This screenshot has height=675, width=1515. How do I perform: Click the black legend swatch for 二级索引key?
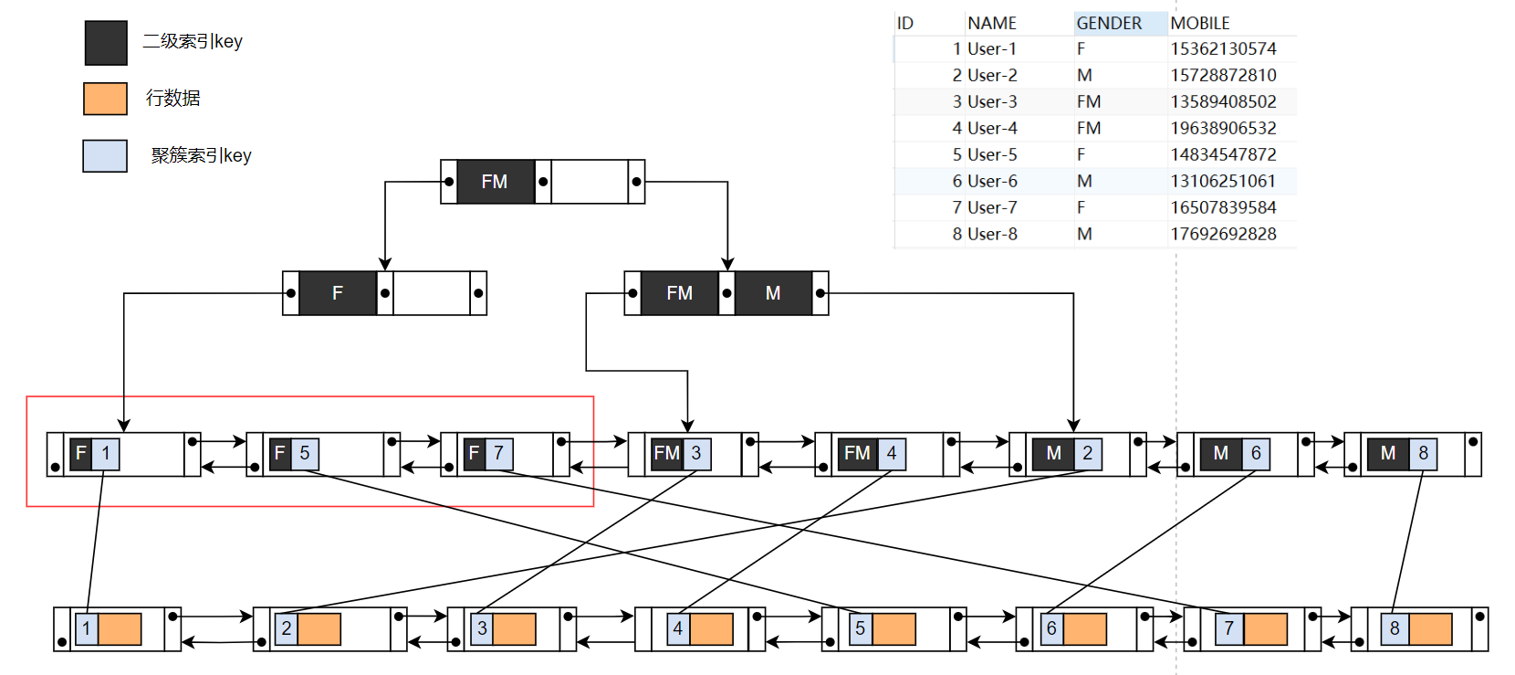pos(106,43)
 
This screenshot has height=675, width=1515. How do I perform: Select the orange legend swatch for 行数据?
pos(105,99)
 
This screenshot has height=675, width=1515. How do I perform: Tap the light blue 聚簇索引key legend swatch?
pos(105,156)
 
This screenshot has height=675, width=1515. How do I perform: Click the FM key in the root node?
pos(495,182)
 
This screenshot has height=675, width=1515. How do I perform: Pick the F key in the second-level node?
pos(338,293)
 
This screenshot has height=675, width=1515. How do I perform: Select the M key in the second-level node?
pos(773,293)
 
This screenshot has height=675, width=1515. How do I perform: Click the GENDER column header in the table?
pos(1109,23)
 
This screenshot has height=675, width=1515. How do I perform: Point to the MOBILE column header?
pos(1200,23)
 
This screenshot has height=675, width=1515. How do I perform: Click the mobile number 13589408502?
pos(1223,101)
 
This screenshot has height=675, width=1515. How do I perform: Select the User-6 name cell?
pos(992,181)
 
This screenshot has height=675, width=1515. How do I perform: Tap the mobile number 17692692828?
pos(1223,234)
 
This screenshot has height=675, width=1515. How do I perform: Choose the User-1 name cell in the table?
pos(992,48)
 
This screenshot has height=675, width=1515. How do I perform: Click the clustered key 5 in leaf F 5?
pos(305,453)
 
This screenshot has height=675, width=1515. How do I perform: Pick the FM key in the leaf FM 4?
pos(857,453)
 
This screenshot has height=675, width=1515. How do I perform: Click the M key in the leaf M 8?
pos(1388,453)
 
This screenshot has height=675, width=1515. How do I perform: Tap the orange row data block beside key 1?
pos(120,629)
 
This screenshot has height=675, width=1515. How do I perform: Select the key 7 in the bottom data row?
pos(1229,629)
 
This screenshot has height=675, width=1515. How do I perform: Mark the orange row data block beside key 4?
pos(712,629)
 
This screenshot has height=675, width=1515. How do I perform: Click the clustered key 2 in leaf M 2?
pos(1088,453)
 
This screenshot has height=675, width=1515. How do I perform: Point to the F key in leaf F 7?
pos(474,453)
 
